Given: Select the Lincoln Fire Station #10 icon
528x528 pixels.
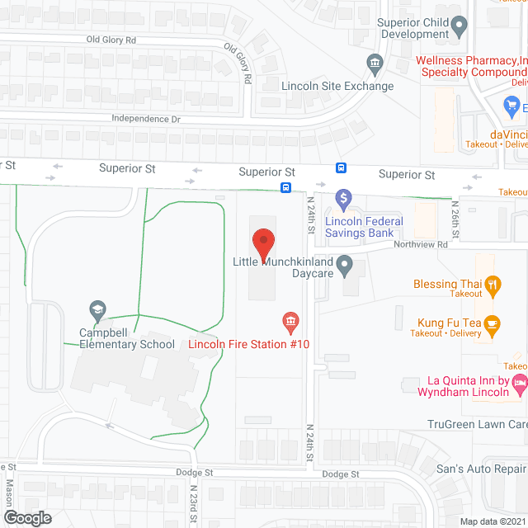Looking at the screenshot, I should click(x=290, y=320).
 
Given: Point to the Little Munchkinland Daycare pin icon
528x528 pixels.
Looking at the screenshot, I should click(x=346, y=266).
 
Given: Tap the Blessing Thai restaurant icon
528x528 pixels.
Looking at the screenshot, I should click(x=493, y=285).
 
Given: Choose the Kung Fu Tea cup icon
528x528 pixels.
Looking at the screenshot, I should click(x=493, y=323).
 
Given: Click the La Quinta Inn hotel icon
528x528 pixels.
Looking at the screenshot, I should click(x=520, y=381).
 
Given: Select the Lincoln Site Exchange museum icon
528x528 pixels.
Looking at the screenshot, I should click(x=375, y=63).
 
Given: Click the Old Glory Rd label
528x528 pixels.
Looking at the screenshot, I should click(x=111, y=40).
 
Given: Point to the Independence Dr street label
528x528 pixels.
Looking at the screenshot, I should click(x=146, y=119).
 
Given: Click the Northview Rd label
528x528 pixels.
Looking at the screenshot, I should click(x=420, y=245).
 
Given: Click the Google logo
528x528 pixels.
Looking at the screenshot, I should click(x=26, y=517).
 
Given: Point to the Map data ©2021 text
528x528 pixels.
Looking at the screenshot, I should click(x=493, y=521).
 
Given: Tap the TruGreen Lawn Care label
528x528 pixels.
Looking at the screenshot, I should click(x=477, y=425).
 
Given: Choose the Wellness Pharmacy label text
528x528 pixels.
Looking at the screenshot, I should click(x=471, y=60).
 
